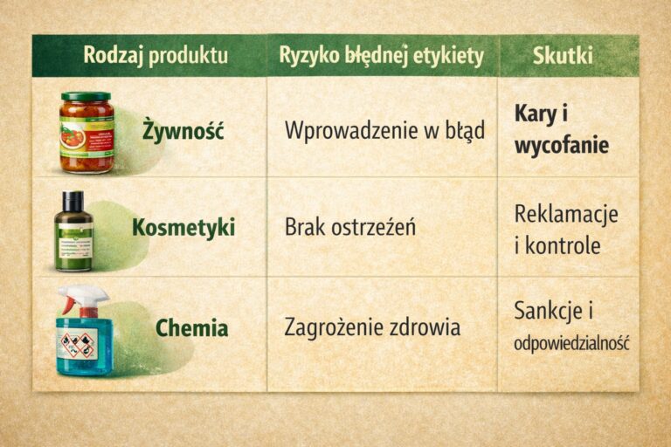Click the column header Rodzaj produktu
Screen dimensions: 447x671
click(x=156, y=55)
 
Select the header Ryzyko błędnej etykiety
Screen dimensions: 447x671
click(x=381, y=55)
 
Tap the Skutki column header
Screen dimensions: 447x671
click(x=563, y=55)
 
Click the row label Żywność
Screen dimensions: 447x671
click(x=183, y=133)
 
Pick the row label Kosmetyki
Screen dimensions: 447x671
click(x=183, y=229)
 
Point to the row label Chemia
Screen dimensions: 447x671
click(x=191, y=328)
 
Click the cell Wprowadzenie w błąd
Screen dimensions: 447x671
click(x=384, y=130)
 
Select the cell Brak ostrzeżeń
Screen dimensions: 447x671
click(x=349, y=228)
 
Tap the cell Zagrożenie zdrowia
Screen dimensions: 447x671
click(x=372, y=328)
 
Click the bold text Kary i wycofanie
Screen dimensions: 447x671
click(x=561, y=129)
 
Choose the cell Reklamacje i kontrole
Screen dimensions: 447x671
click(x=566, y=229)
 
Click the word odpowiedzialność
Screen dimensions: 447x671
click(x=571, y=343)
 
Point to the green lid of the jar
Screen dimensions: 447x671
click(x=86, y=97)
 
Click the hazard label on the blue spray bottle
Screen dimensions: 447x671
click(x=79, y=345)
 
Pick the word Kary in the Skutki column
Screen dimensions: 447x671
click(x=535, y=114)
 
